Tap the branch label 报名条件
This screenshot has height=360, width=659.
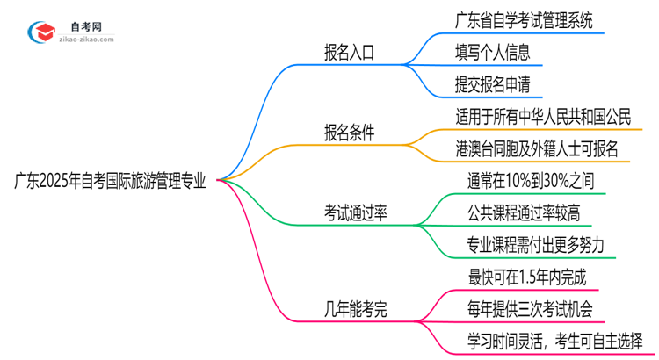[x=349, y=133]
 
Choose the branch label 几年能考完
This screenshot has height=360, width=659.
[x=356, y=308]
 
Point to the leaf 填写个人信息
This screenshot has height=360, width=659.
[x=493, y=53]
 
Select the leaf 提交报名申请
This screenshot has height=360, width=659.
[x=493, y=84]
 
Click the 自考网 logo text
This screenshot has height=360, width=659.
[x=83, y=26]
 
